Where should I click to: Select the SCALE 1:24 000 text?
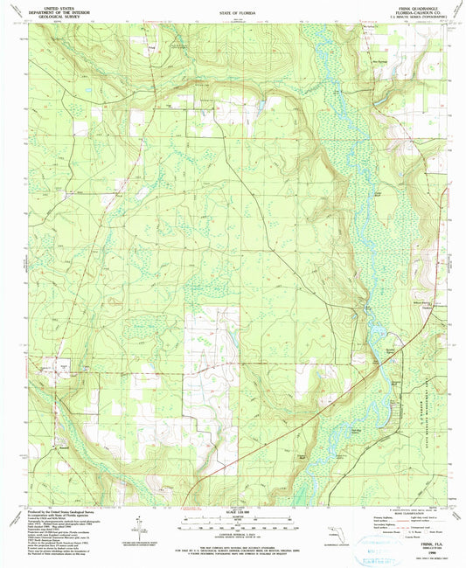[232, 512]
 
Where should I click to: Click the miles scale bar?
[232, 518]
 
